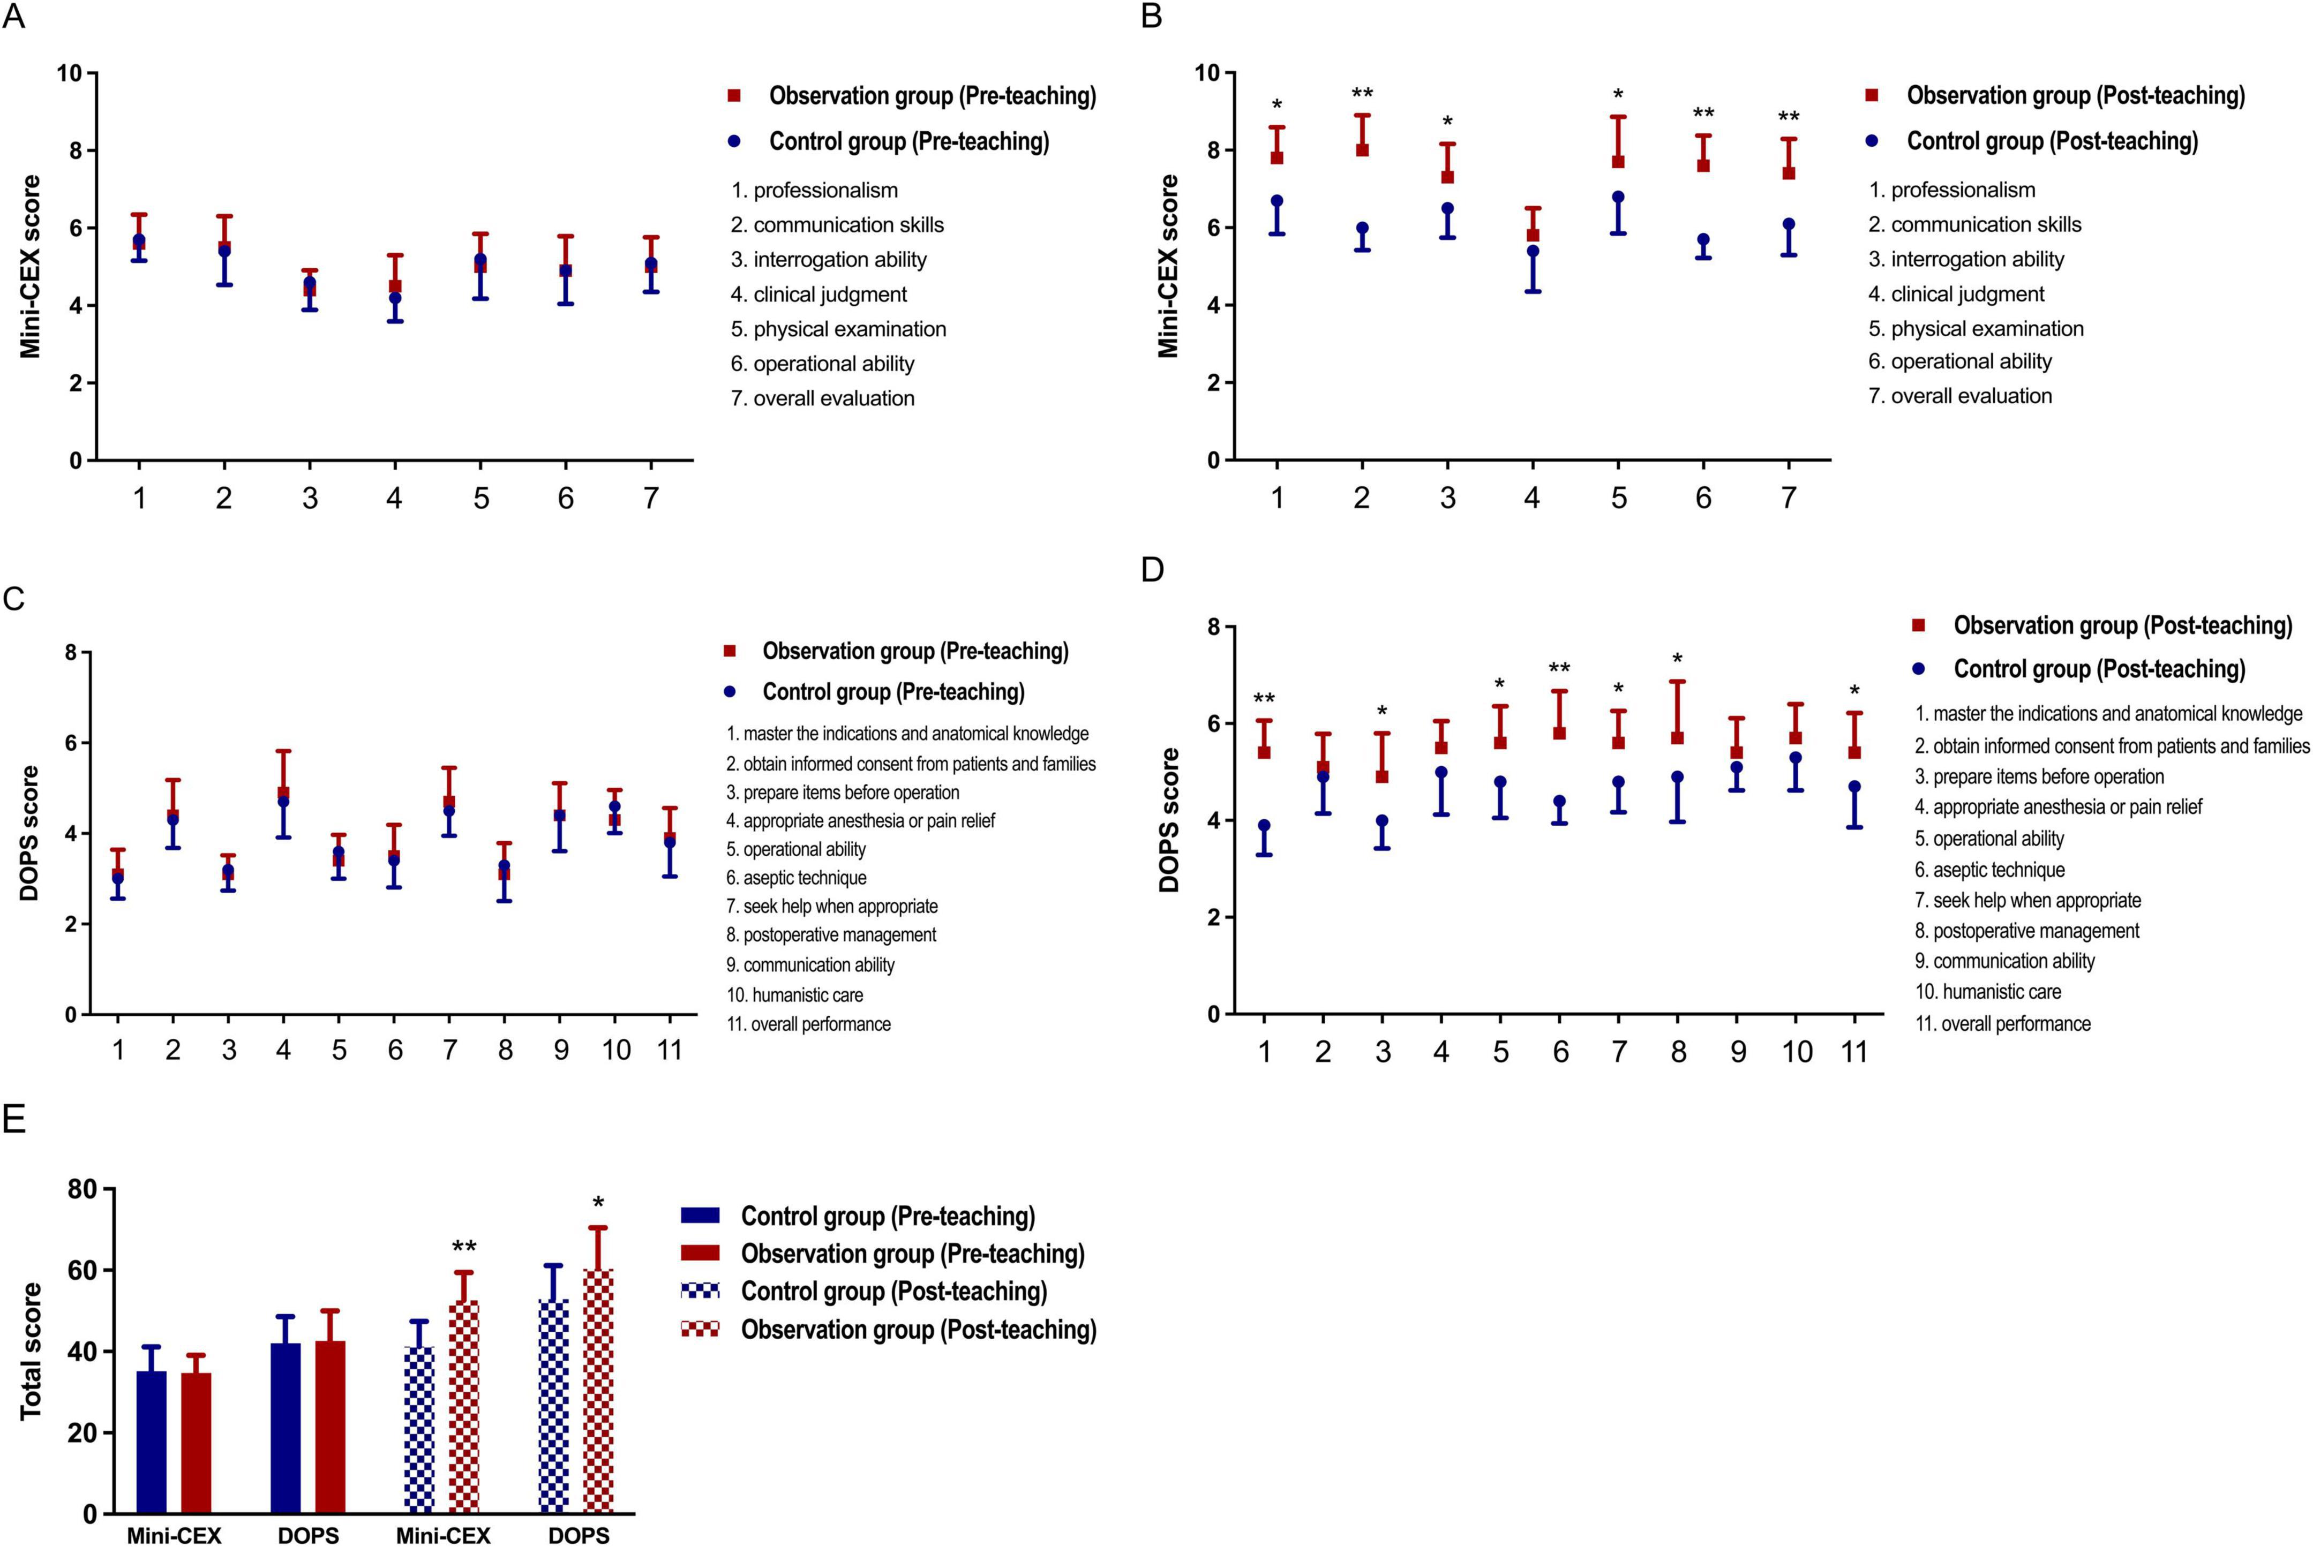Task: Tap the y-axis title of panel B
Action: (1169, 266)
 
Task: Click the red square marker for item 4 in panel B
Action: (1533, 236)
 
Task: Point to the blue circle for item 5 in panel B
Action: (1618, 197)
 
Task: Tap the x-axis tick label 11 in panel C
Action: (670, 1050)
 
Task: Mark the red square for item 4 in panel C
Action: (283, 793)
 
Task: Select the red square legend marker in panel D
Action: (1919, 625)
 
